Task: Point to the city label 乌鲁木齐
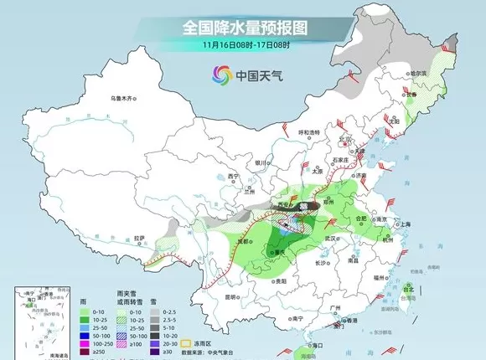[124, 99]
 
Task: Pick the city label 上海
[406, 224]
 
